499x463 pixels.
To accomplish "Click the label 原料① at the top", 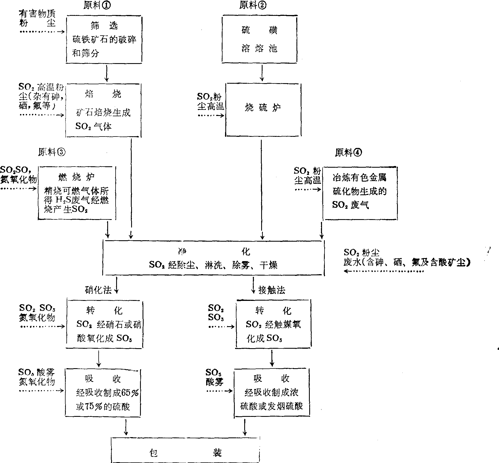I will (x=97, y=6).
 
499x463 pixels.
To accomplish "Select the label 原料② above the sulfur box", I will (x=253, y=6).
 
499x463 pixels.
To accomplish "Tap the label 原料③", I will (x=52, y=152).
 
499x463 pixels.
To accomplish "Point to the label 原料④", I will (x=348, y=152).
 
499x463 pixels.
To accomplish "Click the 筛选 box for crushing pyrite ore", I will (x=104, y=39).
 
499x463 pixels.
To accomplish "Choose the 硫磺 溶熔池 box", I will (x=260, y=39).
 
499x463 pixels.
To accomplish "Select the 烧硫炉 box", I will (x=263, y=110).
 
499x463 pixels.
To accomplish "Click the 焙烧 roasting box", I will (x=103, y=110).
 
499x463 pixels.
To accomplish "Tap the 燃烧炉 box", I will (x=77, y=193).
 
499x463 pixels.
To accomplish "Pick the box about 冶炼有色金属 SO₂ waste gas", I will (x=360, y=193).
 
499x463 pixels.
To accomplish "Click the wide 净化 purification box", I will (x=213, y=258).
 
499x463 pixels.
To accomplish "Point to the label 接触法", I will (x=271, y=290).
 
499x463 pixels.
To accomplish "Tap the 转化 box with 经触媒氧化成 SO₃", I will (x=273, y=324).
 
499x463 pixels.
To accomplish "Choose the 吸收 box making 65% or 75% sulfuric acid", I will (x=103, y=393).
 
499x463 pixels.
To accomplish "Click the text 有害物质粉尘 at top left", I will (x=37, y=18).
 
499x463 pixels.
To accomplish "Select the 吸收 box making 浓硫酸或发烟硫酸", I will (x=271, y=393).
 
